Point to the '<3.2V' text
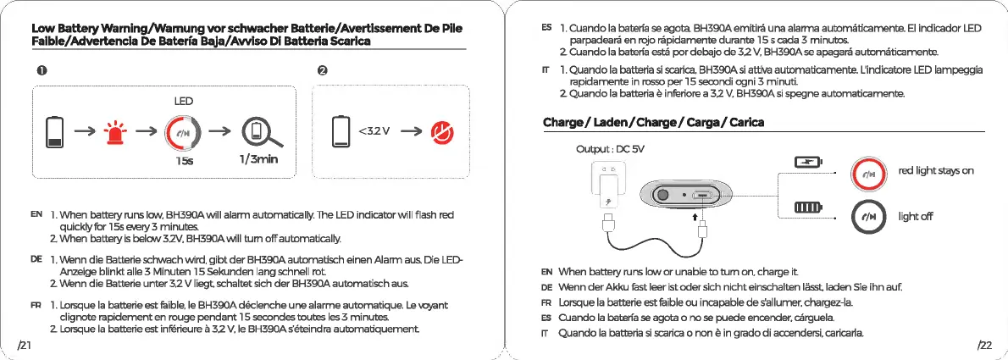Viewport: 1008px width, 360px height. tap(374, 130)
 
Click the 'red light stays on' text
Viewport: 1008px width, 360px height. tap(936, 170)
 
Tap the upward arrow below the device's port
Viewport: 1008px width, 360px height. tap(695, 218)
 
